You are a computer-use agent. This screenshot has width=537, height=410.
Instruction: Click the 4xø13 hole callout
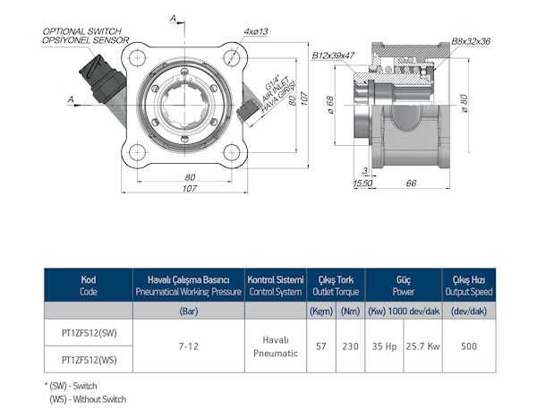point(256,31)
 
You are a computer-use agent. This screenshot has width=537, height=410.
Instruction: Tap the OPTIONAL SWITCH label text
point(81,31)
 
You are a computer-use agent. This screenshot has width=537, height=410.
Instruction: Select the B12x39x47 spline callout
point(333,56)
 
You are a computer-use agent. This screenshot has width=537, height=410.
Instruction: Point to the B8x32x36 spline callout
point(471,41)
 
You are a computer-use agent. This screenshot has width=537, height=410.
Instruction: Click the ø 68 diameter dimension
point(330,105)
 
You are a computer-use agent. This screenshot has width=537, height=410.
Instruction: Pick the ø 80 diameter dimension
point(464,103)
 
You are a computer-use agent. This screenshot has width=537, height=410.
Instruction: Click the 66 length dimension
point(411,184)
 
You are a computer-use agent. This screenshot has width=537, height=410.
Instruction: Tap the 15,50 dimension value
point(362,184)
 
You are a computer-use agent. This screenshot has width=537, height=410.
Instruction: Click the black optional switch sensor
point(102,79)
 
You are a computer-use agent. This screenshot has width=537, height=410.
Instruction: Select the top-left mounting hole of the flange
point(137,57)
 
